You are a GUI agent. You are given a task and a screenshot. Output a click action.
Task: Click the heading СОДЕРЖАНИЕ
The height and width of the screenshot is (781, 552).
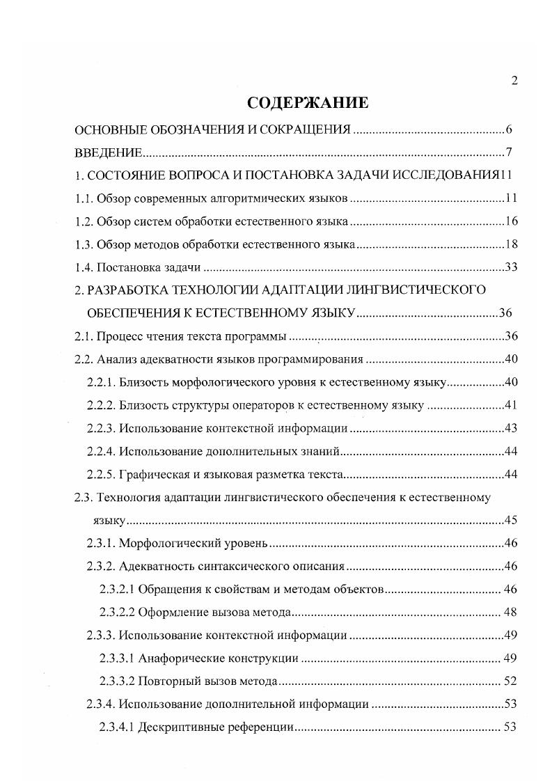pyautogui.click(x=307, y=104)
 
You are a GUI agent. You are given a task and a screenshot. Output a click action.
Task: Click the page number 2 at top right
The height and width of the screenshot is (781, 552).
pyautogui.click(x=514, y=81)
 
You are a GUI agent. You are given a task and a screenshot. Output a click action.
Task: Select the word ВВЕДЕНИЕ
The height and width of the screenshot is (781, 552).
pyautogui.click(x=109, y=153)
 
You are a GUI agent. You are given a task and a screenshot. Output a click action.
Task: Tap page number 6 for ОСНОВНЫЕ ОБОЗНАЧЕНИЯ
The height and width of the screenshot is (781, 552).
pyautogui.click(x=510, y=130)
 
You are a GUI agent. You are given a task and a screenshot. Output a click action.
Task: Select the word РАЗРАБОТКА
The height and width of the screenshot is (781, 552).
pyautogui.click(x=131, y=290)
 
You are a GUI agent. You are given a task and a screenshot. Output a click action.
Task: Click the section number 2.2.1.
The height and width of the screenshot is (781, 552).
pyautogui.click(x=100, y=382)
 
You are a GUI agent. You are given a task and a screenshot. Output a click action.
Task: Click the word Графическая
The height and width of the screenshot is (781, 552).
pyautogui.click(x=152, y=475)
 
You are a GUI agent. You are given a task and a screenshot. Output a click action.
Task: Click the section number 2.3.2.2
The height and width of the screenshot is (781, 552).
pyautogui.click(x=117, y=613)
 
